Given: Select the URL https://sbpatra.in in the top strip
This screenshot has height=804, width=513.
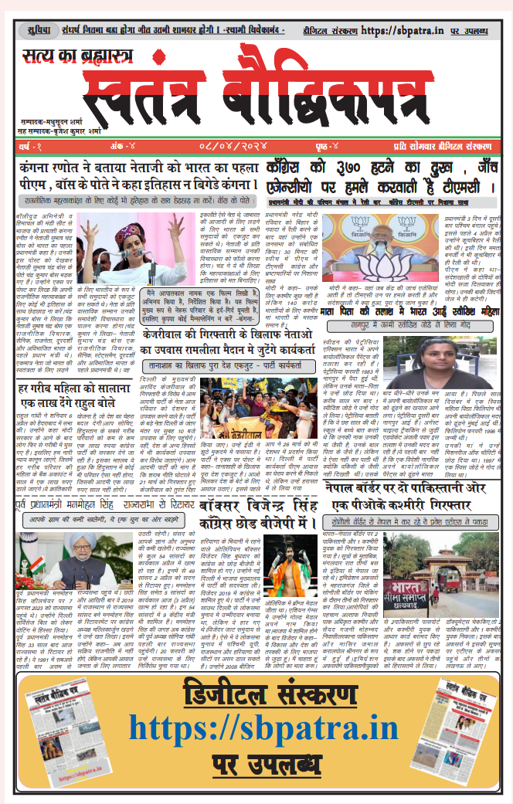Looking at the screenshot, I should (400, 31).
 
